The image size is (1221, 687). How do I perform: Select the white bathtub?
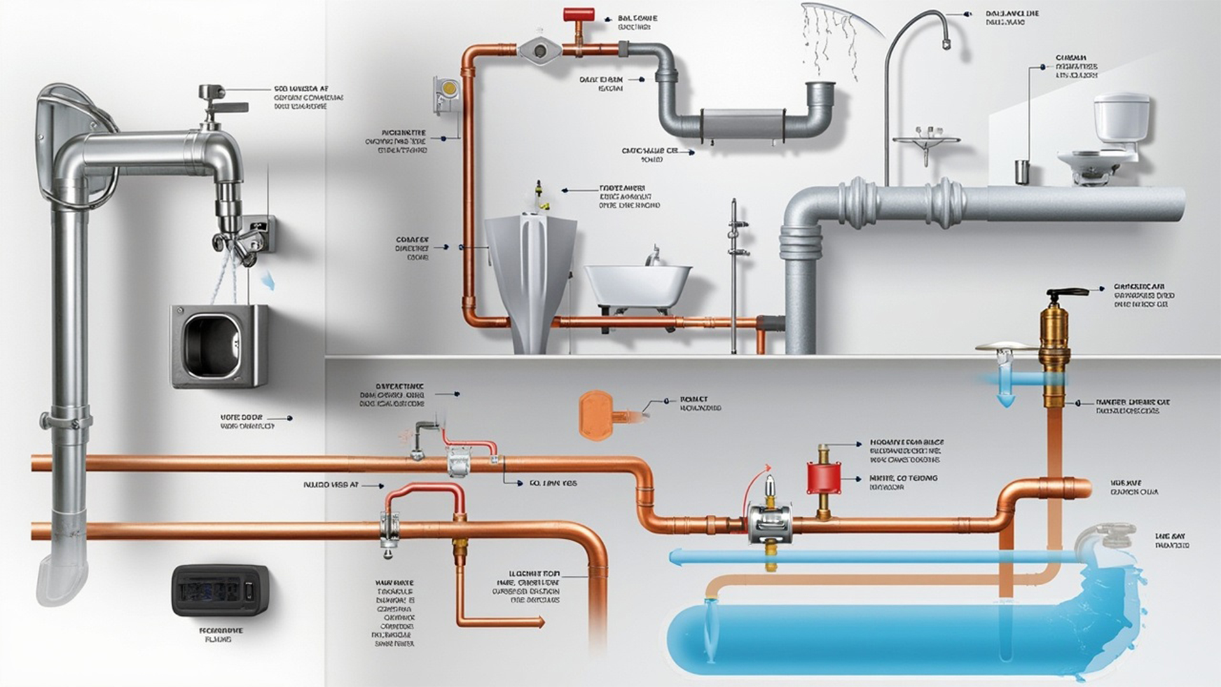[637, 284]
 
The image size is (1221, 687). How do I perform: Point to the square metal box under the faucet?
[219, 345]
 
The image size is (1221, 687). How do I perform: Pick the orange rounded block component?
[595, 414]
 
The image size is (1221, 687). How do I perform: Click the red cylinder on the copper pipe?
[824, 478]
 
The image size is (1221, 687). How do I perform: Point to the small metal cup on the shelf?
[1022, 172]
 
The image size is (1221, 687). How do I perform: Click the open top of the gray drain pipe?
[821, 85]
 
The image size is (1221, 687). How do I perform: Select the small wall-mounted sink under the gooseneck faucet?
[926, 141]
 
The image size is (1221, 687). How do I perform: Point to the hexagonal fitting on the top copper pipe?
[540, 49]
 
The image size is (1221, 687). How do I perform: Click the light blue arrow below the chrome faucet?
[269, 280]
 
